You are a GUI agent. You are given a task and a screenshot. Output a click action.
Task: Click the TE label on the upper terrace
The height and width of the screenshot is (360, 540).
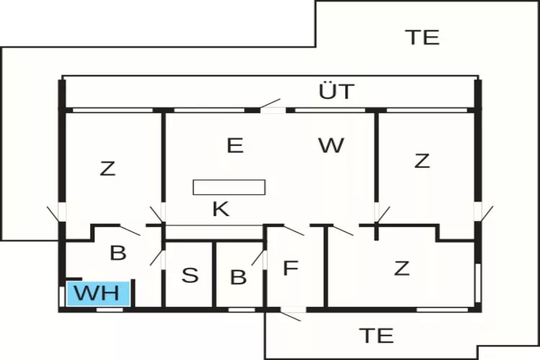(x=422, y=37)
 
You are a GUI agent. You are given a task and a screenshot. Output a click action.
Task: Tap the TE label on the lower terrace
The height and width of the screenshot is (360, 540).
(x=376, y=335)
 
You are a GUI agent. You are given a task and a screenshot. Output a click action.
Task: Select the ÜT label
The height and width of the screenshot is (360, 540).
(x=336, y=91)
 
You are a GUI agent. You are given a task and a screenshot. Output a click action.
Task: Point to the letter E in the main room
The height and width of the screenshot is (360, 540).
(x=235, y=146)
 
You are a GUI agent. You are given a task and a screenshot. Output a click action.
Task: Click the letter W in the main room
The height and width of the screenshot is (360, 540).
(x=330, y=146)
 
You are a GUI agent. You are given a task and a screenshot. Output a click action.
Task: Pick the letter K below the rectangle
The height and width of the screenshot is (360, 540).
(x=220, y=210)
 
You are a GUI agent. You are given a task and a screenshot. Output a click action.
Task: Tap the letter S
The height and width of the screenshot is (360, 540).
(x=189, y=276)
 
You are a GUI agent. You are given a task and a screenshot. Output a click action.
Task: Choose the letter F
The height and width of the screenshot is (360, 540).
(x=290, y=269)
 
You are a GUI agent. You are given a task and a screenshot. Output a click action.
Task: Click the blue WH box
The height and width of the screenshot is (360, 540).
(x=99, y=294)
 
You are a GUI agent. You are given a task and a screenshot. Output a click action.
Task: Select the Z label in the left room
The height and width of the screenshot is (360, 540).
(x=107, y=169)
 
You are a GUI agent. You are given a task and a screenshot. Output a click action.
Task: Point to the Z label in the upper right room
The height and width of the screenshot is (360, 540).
(x=422, y=161)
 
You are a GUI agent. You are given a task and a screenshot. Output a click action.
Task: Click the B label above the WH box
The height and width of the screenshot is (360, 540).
(x=117, y=253)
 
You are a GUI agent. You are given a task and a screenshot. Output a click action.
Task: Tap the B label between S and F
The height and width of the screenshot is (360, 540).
(x=238, y=277)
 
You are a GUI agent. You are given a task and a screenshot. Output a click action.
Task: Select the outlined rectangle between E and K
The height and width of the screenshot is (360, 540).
(x=229, y=187)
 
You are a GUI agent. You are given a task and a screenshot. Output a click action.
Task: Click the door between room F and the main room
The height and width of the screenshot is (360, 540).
(x=294, y=230)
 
